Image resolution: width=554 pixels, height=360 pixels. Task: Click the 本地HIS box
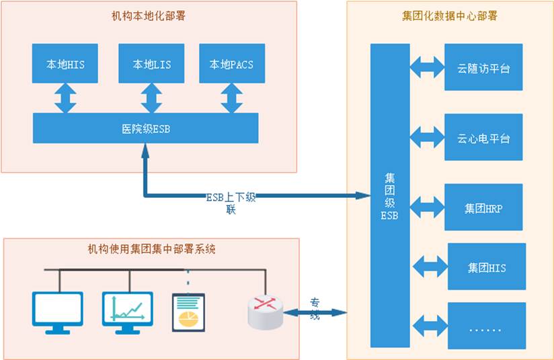click(65, 65)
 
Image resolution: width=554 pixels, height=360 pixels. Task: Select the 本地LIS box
click(152, 65)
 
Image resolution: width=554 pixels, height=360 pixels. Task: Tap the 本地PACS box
click(232, 65)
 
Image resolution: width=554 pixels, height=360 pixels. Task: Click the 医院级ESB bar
click(146, 128)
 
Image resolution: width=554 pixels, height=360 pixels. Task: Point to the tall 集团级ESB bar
click(390, 195)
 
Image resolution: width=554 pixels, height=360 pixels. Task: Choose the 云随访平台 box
click(483, 68)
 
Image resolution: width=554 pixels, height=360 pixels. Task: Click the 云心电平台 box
click(483, 138)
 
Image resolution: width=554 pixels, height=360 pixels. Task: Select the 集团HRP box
click(483, 208)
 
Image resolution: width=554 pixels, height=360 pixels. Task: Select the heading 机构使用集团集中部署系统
click(152, 249)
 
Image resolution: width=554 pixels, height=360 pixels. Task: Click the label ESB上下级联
click(230, 203)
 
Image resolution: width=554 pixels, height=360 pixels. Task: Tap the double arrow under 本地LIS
click(152, 98)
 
